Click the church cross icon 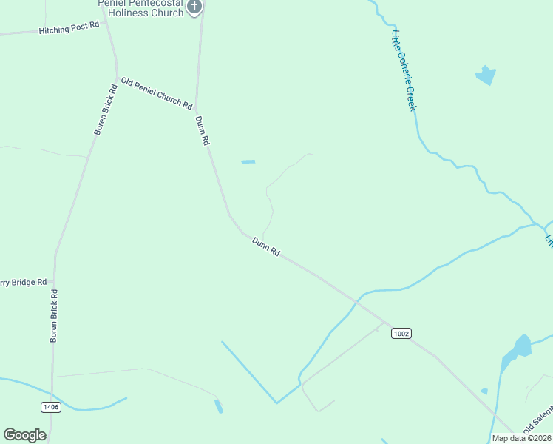pos(194,7)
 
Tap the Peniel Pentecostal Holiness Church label pos(140,7)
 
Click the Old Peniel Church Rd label pos(157,93)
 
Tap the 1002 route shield pos(401,334)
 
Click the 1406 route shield pos(50,406)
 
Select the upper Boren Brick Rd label pos(106,110)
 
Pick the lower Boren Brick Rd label pos(54,316)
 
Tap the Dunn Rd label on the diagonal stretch pos(265,246)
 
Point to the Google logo pos(25,435)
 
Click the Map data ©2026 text pos(521,438)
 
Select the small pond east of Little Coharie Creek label pos(485,75)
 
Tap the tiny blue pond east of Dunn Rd pos(248,161)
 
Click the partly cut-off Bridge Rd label pos(24,282)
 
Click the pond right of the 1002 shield pos(518,349)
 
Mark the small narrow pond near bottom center pos(218,406)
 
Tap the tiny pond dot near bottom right pos(484,391)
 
